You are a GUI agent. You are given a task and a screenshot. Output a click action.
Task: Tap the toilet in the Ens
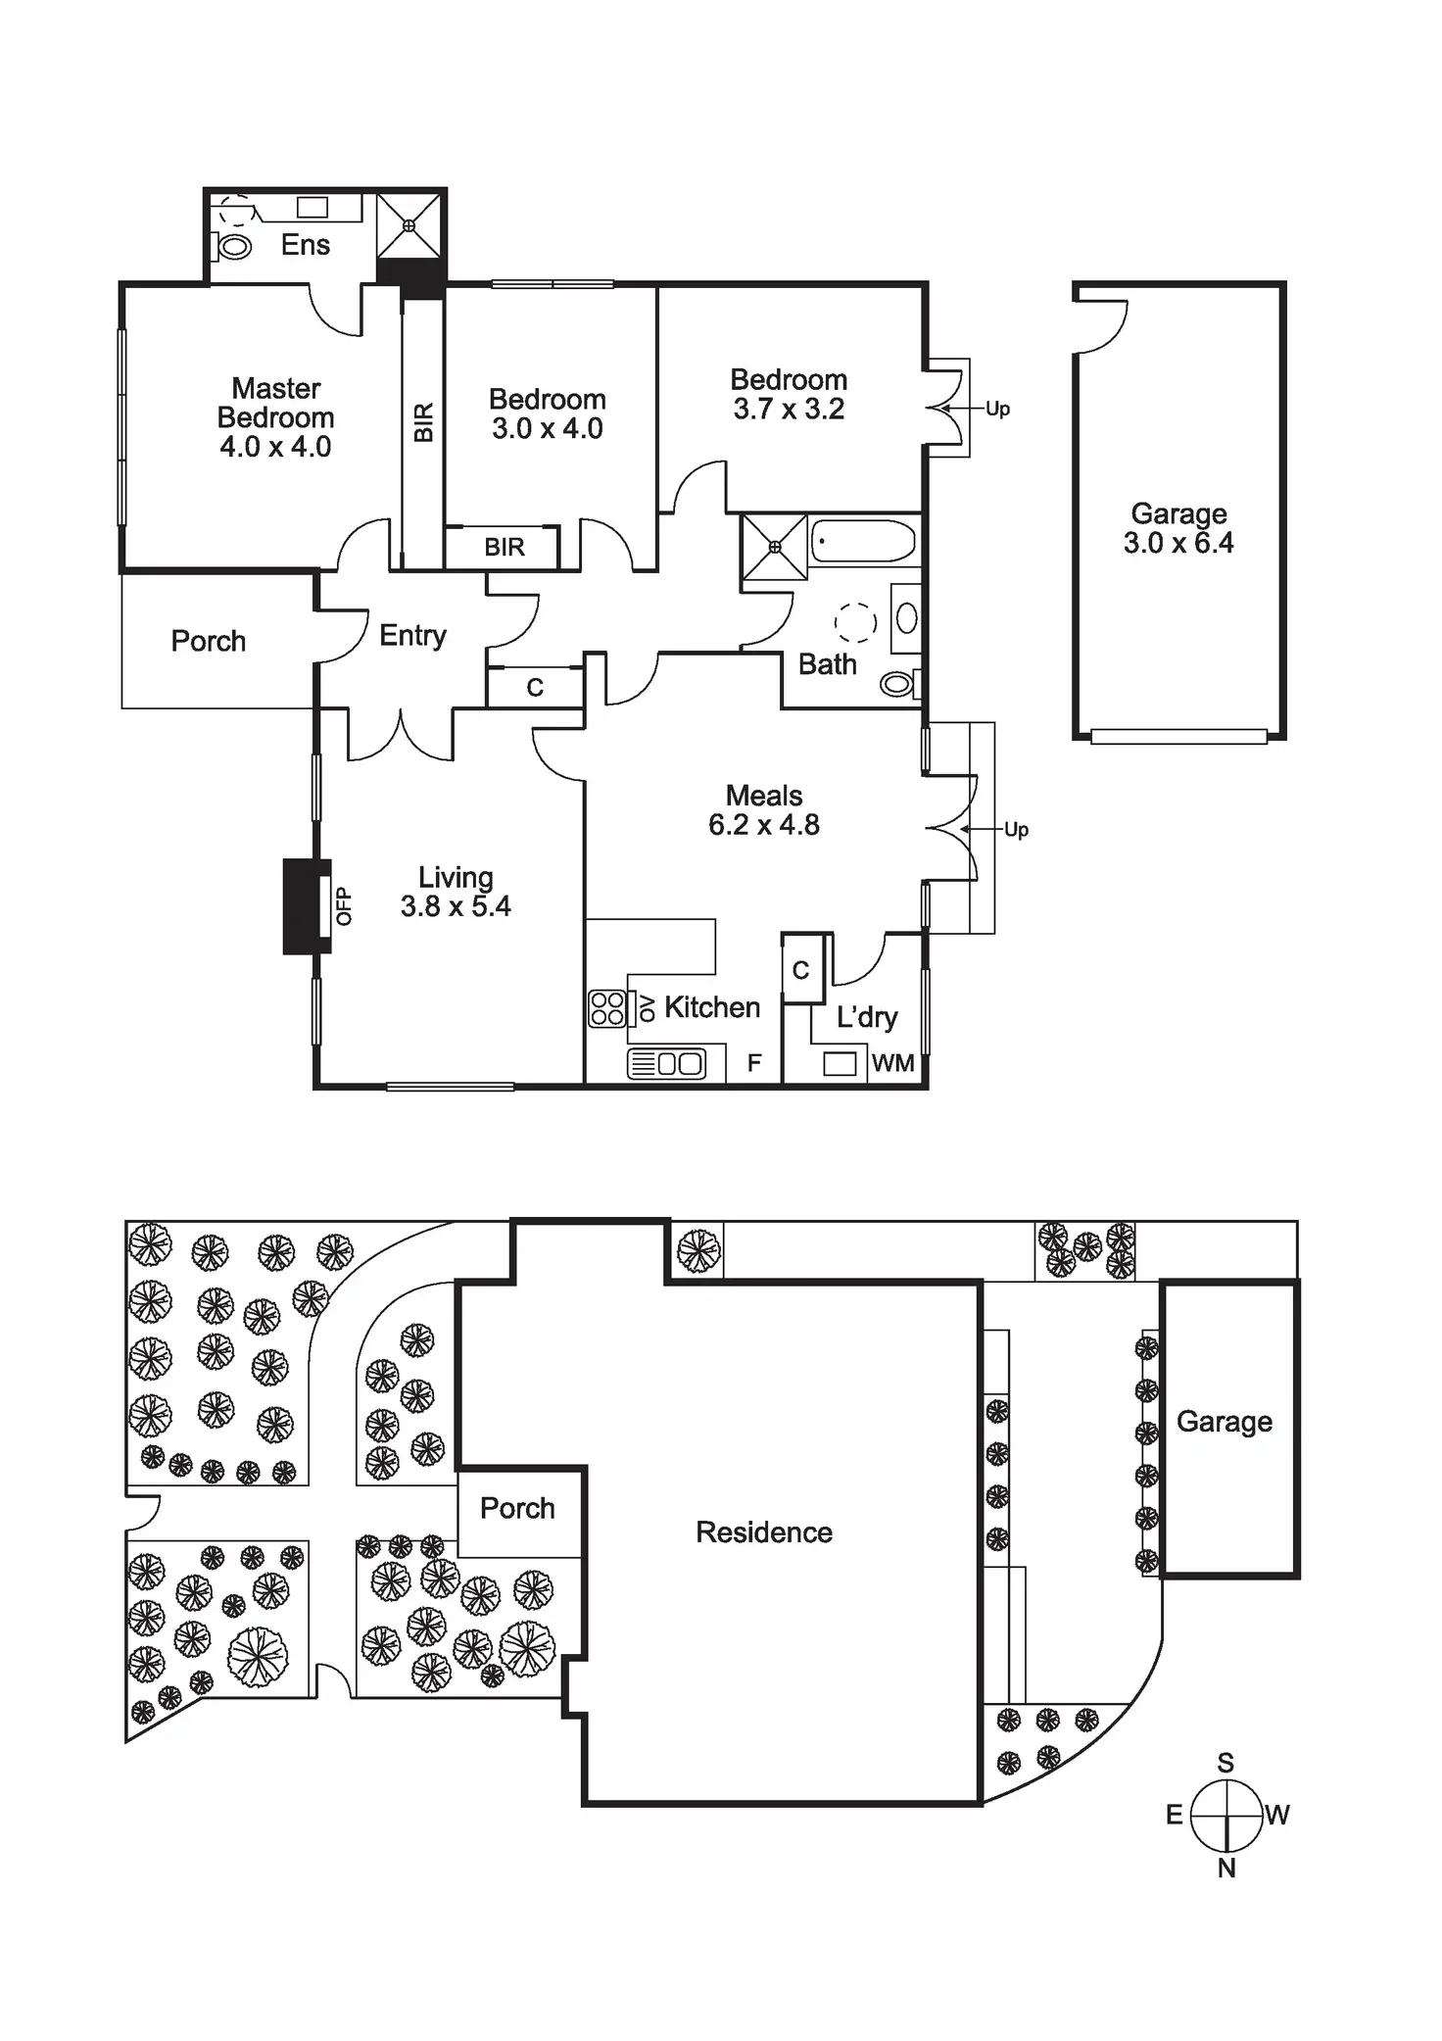(233, 247)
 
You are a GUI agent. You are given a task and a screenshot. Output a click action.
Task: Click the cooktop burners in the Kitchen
(606, 1008)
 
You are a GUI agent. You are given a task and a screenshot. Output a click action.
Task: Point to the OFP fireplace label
(343, 906)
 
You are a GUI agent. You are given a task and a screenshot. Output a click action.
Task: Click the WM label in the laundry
(892, 1063)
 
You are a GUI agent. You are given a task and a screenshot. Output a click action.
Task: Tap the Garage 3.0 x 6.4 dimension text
(1178, 544)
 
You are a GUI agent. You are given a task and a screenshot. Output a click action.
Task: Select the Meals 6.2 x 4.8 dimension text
(764, 825)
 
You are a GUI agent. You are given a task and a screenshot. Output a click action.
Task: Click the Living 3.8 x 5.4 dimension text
(456, 906)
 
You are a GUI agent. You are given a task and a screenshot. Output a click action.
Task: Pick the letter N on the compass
(1226, 1869)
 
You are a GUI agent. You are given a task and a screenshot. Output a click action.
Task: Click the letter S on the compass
(1226, 1763)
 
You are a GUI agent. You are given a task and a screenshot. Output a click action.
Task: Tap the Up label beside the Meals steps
(1016, 830)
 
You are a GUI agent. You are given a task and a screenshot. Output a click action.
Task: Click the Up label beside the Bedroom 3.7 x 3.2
(997, 409)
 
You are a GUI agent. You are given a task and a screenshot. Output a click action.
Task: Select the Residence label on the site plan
(764, 1532)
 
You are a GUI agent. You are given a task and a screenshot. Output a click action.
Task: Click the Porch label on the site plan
(517, 1508)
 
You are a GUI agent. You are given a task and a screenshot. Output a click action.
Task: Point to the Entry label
(412, 636)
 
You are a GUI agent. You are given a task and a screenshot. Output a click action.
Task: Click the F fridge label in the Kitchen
(753, 1063)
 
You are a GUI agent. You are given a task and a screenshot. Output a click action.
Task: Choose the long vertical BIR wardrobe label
(423, 422)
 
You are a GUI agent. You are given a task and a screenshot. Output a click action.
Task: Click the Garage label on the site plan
(1225, 1422)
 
